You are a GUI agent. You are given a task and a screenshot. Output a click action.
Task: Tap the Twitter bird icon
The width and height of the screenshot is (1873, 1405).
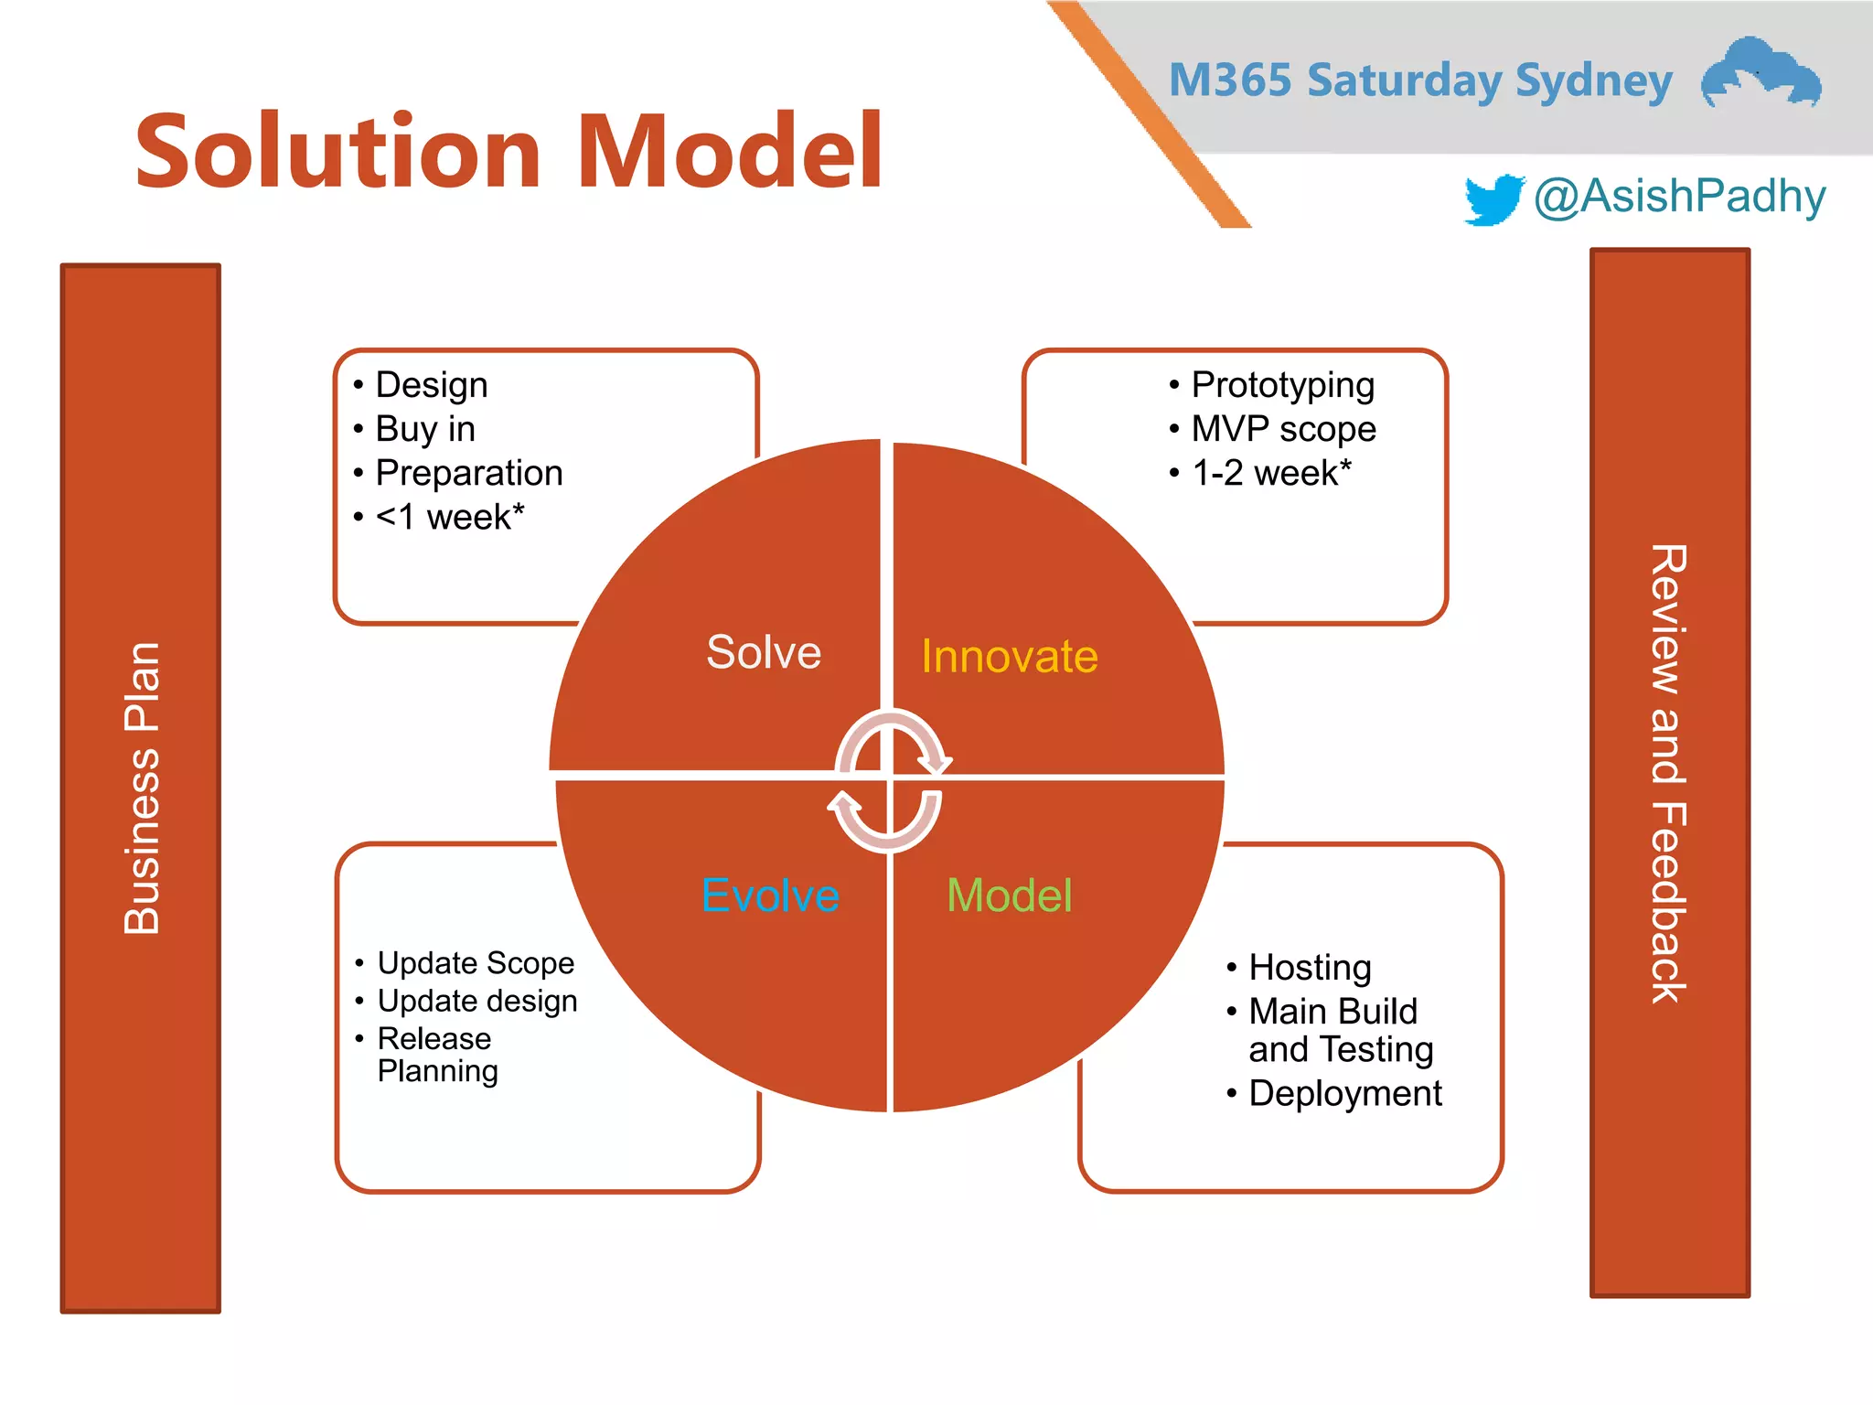point(1493,198)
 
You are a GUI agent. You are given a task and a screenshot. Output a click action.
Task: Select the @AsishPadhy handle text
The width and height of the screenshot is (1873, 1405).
point(1679,197)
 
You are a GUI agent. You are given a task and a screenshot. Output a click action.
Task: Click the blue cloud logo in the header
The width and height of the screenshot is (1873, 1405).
point(1760,73)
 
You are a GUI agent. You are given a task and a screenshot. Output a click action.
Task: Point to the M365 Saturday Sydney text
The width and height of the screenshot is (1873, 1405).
point(1420,80)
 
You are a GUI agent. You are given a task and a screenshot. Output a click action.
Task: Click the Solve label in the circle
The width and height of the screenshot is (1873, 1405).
point(764,652)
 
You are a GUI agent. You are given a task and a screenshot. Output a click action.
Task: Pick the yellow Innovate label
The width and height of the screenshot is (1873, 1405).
point(1009,657)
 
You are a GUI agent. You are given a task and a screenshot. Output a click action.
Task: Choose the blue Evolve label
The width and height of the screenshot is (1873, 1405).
point(770,896)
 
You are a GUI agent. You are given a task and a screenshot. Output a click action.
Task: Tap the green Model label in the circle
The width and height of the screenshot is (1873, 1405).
point(1009,896)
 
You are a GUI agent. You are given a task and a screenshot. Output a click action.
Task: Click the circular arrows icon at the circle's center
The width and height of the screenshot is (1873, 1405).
point(889,780)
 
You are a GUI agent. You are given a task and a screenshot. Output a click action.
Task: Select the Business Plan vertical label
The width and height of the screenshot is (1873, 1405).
point(142,788)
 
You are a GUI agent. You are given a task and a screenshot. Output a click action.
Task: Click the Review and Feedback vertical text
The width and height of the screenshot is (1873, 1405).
point(1668,774)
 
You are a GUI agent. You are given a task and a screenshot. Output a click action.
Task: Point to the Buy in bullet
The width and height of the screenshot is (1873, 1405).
point(425,429)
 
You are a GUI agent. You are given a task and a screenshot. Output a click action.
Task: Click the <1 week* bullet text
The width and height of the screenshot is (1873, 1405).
point(449,518)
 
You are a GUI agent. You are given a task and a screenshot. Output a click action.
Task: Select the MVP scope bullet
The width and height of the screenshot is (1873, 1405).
point(1282,429)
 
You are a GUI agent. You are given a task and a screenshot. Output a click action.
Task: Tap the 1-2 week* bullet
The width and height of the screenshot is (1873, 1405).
point(1271,473)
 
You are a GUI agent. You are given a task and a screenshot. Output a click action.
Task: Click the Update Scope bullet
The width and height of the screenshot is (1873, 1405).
point(475,963)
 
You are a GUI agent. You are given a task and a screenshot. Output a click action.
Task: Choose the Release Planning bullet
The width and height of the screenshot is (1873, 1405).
point(436,1055)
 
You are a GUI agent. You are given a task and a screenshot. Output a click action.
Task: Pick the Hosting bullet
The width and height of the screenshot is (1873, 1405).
point(1309,968)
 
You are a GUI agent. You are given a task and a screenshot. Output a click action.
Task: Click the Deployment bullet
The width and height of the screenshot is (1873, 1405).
point(1344,1094)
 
